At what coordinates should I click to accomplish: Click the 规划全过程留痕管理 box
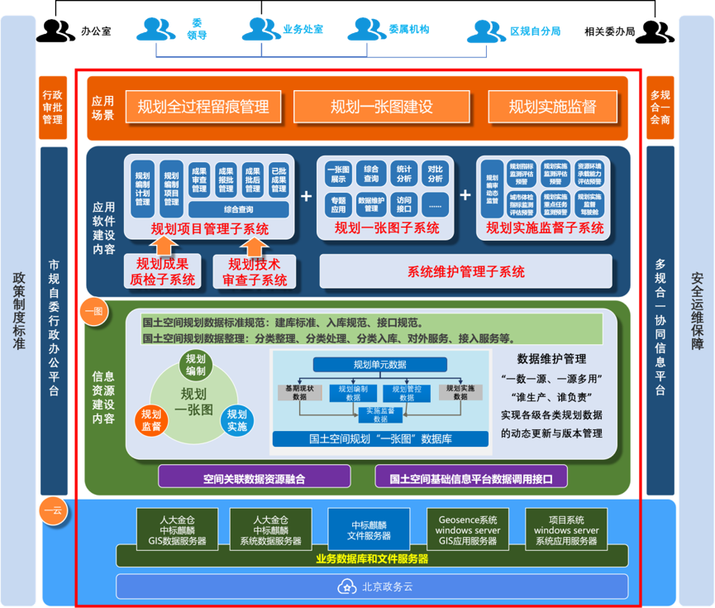pyautogui.click(x=203, y=107)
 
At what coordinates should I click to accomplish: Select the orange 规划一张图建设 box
pyautogui.click(x=382, y=107)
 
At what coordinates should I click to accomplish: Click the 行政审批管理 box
pyautogui.click(x=52, y=107)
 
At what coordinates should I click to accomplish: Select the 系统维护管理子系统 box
pyautogui.click(x=465, y=271)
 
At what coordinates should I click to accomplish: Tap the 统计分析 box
pyautogui.click(x=403, y=174)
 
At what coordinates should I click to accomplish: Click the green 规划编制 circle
pyautogui.click(x=196, y=365)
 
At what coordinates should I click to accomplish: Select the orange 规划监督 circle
pyautogui.click(x=151, y=420)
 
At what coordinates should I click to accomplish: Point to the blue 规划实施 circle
pyautogui.click(x=236, y=420)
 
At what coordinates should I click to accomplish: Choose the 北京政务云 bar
pyautogui.click(x=372, y=586)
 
